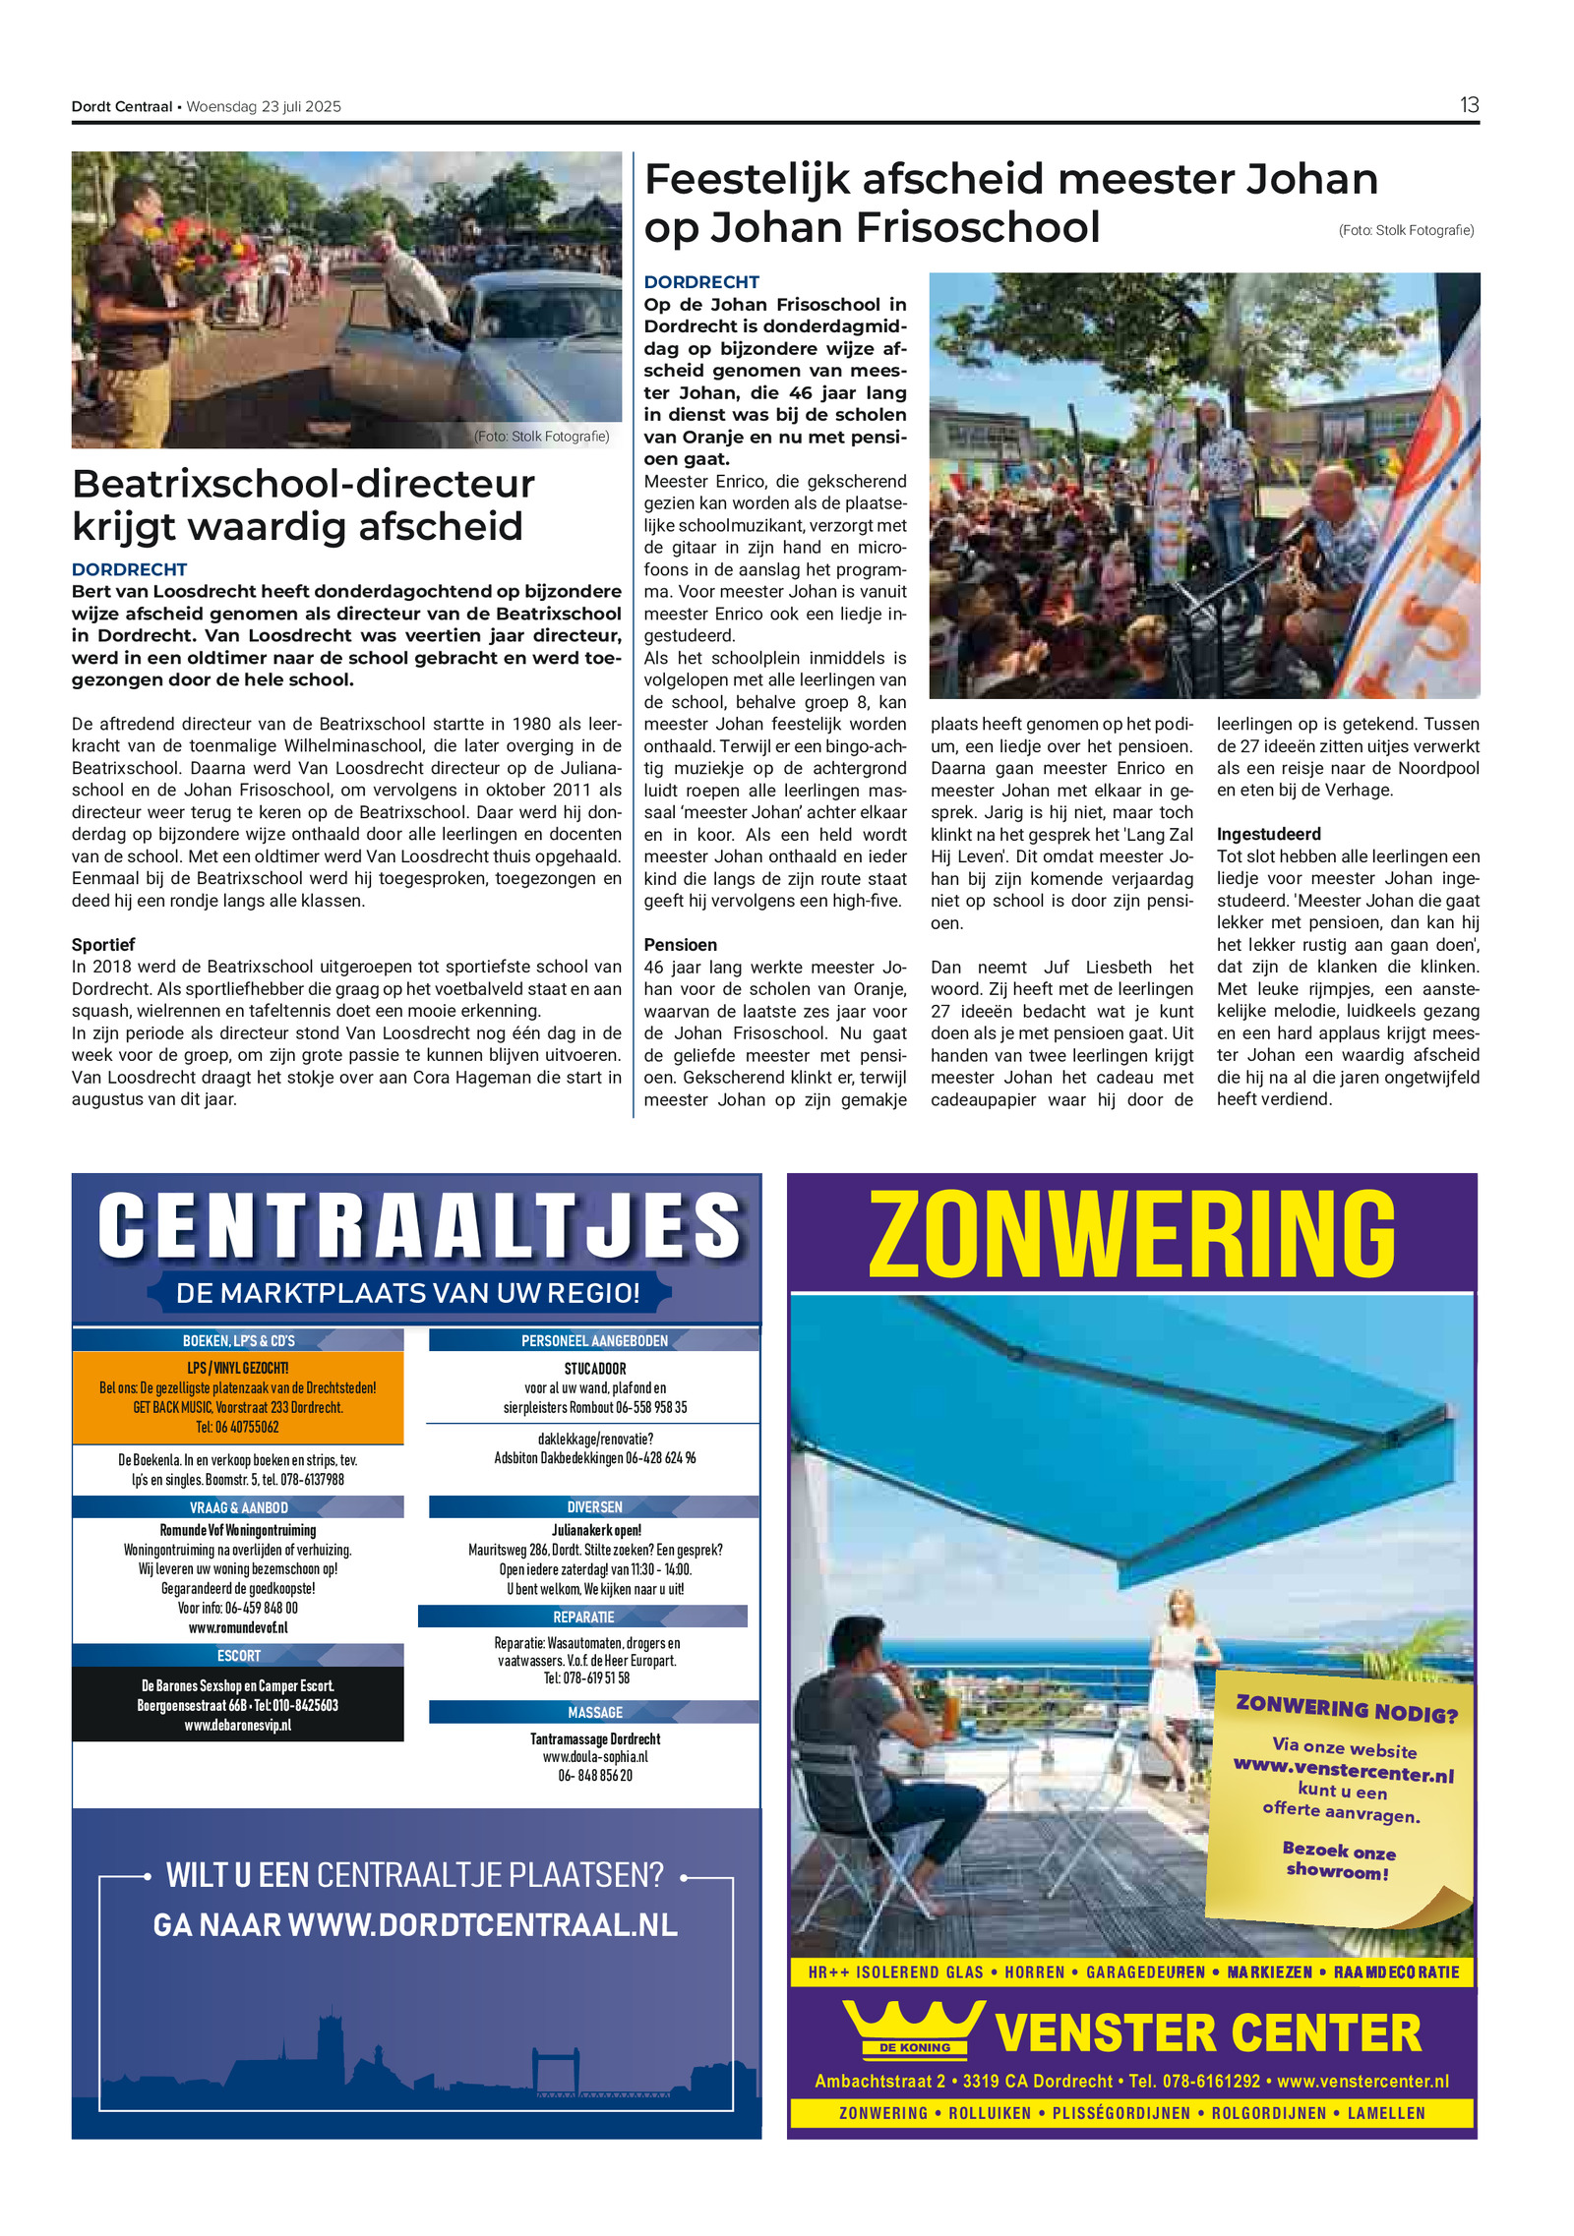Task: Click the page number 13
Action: coord(1468,105)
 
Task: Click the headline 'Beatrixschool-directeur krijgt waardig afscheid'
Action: coord(303,504)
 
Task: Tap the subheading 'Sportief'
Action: coord(103,944)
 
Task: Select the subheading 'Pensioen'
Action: coord(680,944)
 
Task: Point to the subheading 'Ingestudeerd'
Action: coord(1268,834)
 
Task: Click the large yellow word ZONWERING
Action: coord(1131,1234)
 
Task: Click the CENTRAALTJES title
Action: coord(419,1226)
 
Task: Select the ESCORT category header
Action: coord(238,1656)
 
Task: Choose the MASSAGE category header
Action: coord(594,1712)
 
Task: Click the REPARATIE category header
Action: coord(582,1617)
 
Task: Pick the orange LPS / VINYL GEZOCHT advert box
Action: coord(238,1397)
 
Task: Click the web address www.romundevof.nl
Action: coord(238,1627)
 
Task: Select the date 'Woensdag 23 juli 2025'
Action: coord(264,107)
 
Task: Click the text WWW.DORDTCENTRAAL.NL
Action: coord(482,1925)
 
